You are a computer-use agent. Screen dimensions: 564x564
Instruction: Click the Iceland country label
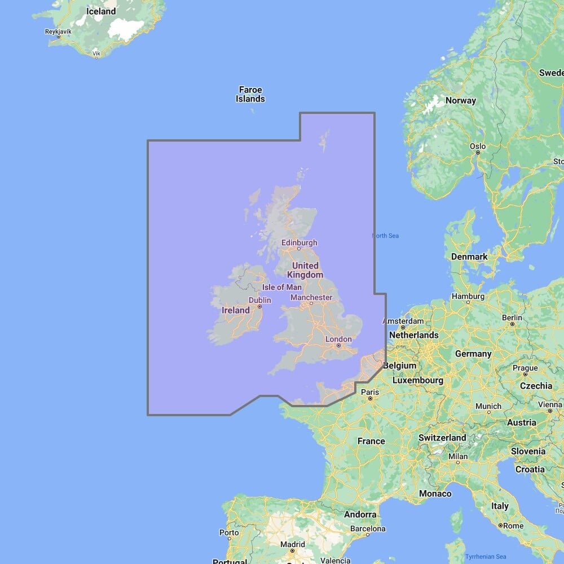click(102, 11)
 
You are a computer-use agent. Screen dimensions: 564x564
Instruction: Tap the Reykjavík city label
click(58, 31)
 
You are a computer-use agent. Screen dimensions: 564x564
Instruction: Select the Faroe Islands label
click(250, 94)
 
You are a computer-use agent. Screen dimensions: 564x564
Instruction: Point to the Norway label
click(461, 100)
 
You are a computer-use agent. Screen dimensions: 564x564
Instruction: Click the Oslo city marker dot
click(478, 152)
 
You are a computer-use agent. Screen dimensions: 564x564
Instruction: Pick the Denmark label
click(469, 257)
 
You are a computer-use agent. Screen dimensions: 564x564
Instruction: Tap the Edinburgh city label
click(299, 243)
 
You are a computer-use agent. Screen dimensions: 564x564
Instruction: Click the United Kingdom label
click(305, 270)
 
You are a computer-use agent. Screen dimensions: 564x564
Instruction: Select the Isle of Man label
click(281, 287)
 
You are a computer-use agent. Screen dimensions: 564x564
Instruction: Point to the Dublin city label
click(259, 300)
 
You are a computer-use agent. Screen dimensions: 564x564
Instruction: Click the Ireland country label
click(236, 310)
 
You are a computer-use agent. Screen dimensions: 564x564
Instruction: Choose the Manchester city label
click(311, 297)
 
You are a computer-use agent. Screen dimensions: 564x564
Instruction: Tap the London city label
click(338, 339)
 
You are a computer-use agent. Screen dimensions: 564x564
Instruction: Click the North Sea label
click(386, 236)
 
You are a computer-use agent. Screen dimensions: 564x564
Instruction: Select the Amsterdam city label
click(403, 321)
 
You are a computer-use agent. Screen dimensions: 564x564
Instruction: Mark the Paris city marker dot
click(370, 399)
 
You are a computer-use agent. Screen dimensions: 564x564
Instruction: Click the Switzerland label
click(442, 438)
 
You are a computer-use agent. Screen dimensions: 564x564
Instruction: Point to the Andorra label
click(360, 514)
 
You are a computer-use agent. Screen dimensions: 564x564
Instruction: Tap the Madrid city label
click(293, 544)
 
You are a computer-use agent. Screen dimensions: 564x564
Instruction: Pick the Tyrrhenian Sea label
click(486, 557)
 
